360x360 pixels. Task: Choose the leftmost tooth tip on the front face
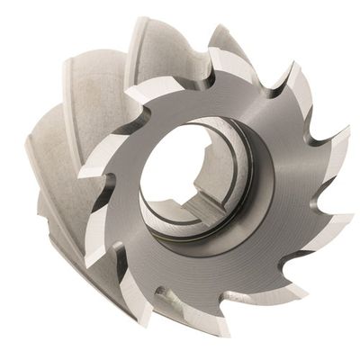79,172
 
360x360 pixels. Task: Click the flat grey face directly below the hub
202,270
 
